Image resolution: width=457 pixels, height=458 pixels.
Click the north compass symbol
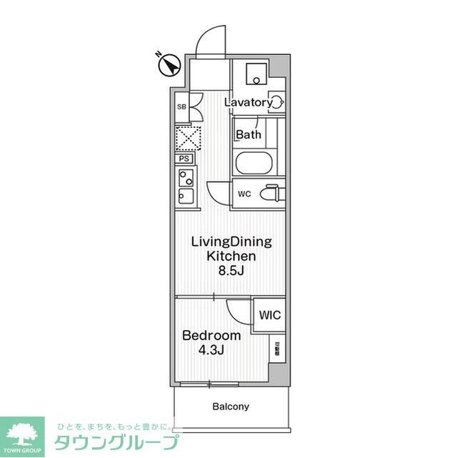coord(169,65)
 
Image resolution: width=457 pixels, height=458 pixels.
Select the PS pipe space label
coord(184,159)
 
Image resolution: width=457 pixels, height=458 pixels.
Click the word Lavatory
coord(248,102)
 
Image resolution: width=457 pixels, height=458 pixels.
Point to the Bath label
coord(248,134)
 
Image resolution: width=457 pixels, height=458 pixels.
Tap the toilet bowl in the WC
coord(271,194)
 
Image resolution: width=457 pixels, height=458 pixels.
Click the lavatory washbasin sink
coord(276,101)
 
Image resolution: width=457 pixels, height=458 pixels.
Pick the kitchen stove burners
coord(185,176)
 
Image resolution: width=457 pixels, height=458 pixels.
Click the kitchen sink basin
coord(185,195)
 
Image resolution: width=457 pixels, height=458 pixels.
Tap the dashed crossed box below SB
coord(188,136)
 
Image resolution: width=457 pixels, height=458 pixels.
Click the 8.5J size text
coord(231,270)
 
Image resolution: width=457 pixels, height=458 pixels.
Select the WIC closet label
coord(270,315)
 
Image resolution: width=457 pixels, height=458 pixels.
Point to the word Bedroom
coord(211,335)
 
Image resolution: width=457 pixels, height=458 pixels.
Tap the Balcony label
coord(231,407)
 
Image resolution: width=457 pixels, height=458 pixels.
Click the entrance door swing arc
coord(211,40)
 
